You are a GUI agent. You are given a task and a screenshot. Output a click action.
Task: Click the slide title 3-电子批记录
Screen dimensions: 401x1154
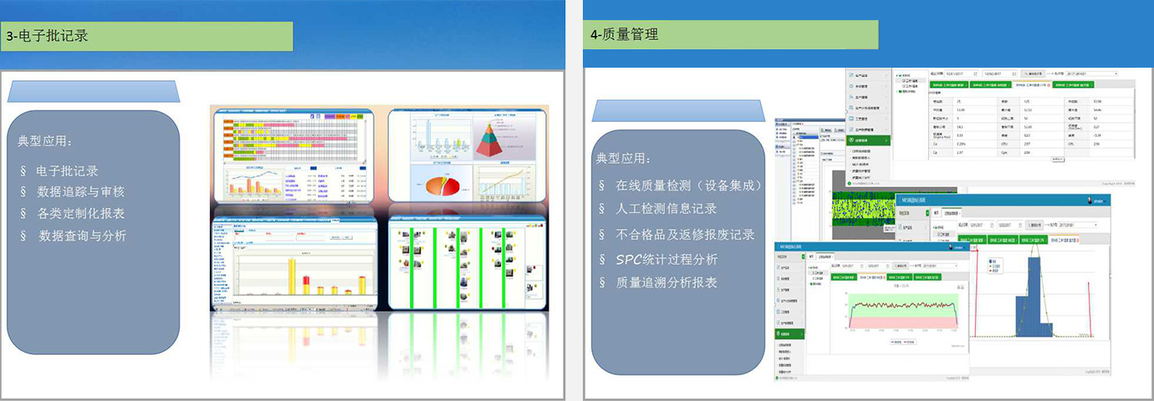tap(48, 36)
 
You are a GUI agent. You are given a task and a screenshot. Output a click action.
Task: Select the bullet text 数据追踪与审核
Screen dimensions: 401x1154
tap(81, 192)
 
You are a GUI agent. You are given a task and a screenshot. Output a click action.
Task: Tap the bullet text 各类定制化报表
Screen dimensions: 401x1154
tap(81, 214)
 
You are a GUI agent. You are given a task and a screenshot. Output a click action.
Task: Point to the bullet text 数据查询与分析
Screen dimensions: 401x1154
tap(83, 236)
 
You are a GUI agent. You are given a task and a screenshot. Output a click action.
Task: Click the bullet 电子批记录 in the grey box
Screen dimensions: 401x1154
tap(68, 170)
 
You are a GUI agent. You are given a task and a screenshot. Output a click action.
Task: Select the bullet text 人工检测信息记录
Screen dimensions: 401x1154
tap(666, 209)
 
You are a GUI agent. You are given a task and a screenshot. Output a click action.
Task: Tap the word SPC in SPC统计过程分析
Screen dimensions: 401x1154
tap(631, 259)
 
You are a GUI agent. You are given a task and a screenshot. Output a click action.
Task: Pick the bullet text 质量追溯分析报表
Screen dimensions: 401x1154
tap(666, 282)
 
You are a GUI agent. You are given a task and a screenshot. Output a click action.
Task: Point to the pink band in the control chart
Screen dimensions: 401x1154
tap(902, 322)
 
